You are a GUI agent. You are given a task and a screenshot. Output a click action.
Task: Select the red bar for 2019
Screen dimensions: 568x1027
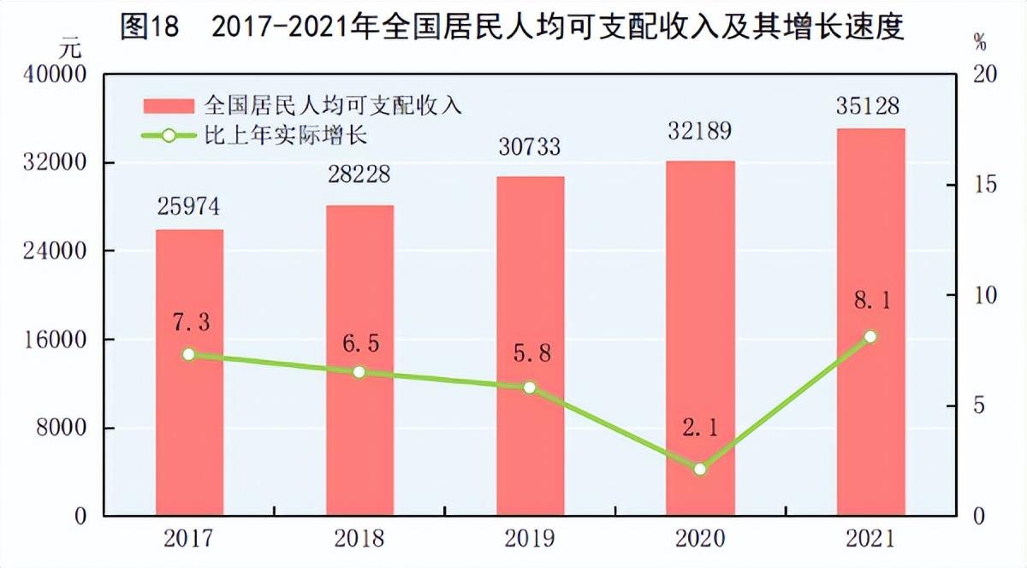pyautogui.click(x=530, y=346)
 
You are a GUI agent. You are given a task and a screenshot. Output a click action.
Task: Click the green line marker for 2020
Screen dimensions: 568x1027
pyautogui.click(x=700, y=469)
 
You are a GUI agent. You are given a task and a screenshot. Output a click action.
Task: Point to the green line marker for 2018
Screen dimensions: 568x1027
pyautogui.click(x=359, y=372)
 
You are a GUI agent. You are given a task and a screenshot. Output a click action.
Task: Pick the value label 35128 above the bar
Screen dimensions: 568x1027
pyautogui.click(x=870, y=107)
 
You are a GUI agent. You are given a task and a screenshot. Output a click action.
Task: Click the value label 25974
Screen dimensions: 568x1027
pyautogui.click(x=189, y=208)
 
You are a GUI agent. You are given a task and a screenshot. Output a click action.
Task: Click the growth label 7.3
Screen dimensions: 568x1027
pyautogui.click(x=190, y=322)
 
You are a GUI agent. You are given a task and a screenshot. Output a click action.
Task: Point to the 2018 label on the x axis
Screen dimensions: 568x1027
pyautogui.click(x=359, y=539)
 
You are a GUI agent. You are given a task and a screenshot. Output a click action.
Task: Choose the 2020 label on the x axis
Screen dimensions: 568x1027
pyautogui.click(x=700, y=539)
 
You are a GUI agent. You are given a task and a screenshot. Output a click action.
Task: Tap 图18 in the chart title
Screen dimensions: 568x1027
pyautogui.click(x=149, y=27)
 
